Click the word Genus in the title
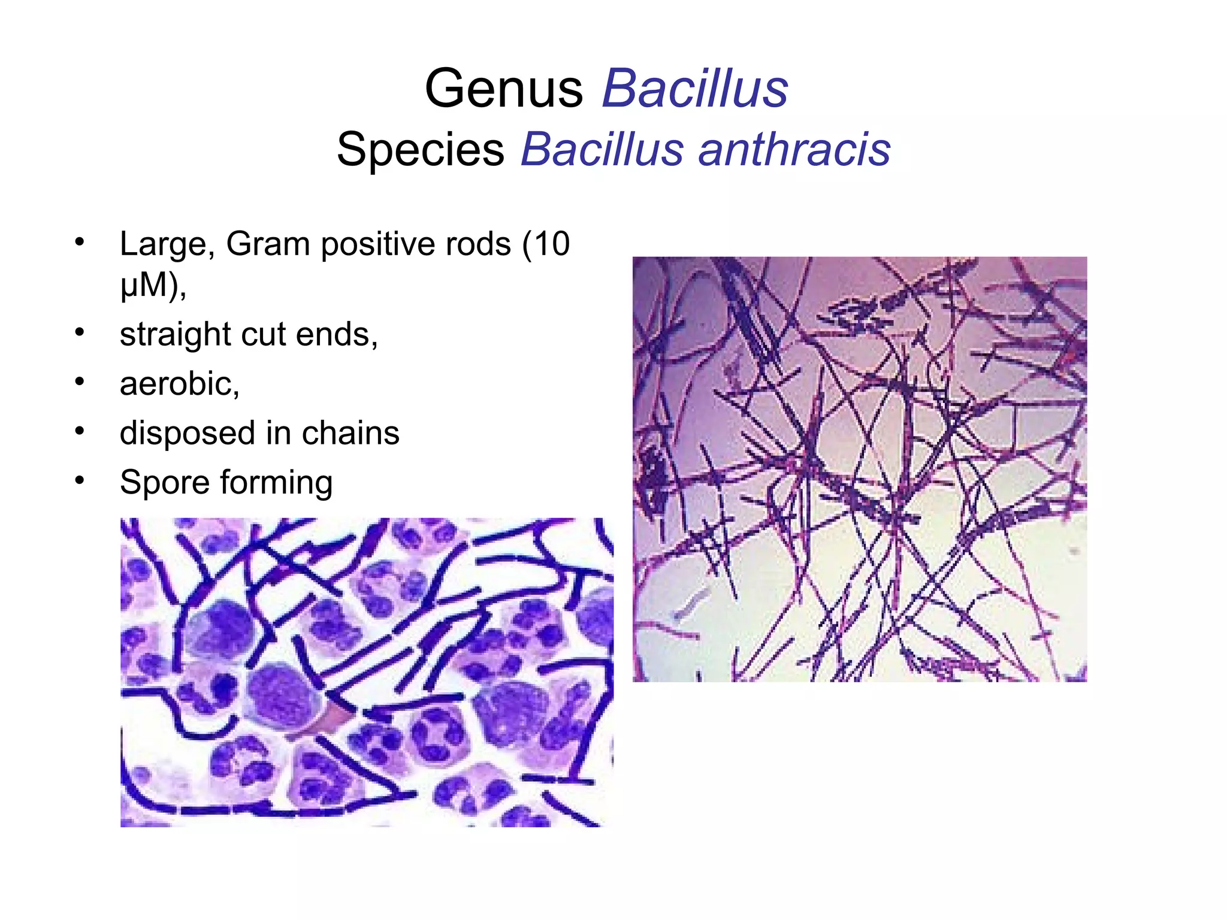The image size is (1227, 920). (504, 89)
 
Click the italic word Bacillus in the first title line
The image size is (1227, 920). (695, 89)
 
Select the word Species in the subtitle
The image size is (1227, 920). (420, 149)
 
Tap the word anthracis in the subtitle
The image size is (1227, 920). (794, 149)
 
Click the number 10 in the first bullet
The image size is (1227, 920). (552, 244)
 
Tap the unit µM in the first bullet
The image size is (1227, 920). (143, 285)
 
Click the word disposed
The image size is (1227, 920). (188, 434)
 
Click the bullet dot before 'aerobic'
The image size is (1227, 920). (80, 382)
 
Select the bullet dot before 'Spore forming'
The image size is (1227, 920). (80, 480)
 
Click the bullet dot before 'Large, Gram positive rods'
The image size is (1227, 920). (80, 242)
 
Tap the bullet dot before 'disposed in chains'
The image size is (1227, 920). (80, 431)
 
